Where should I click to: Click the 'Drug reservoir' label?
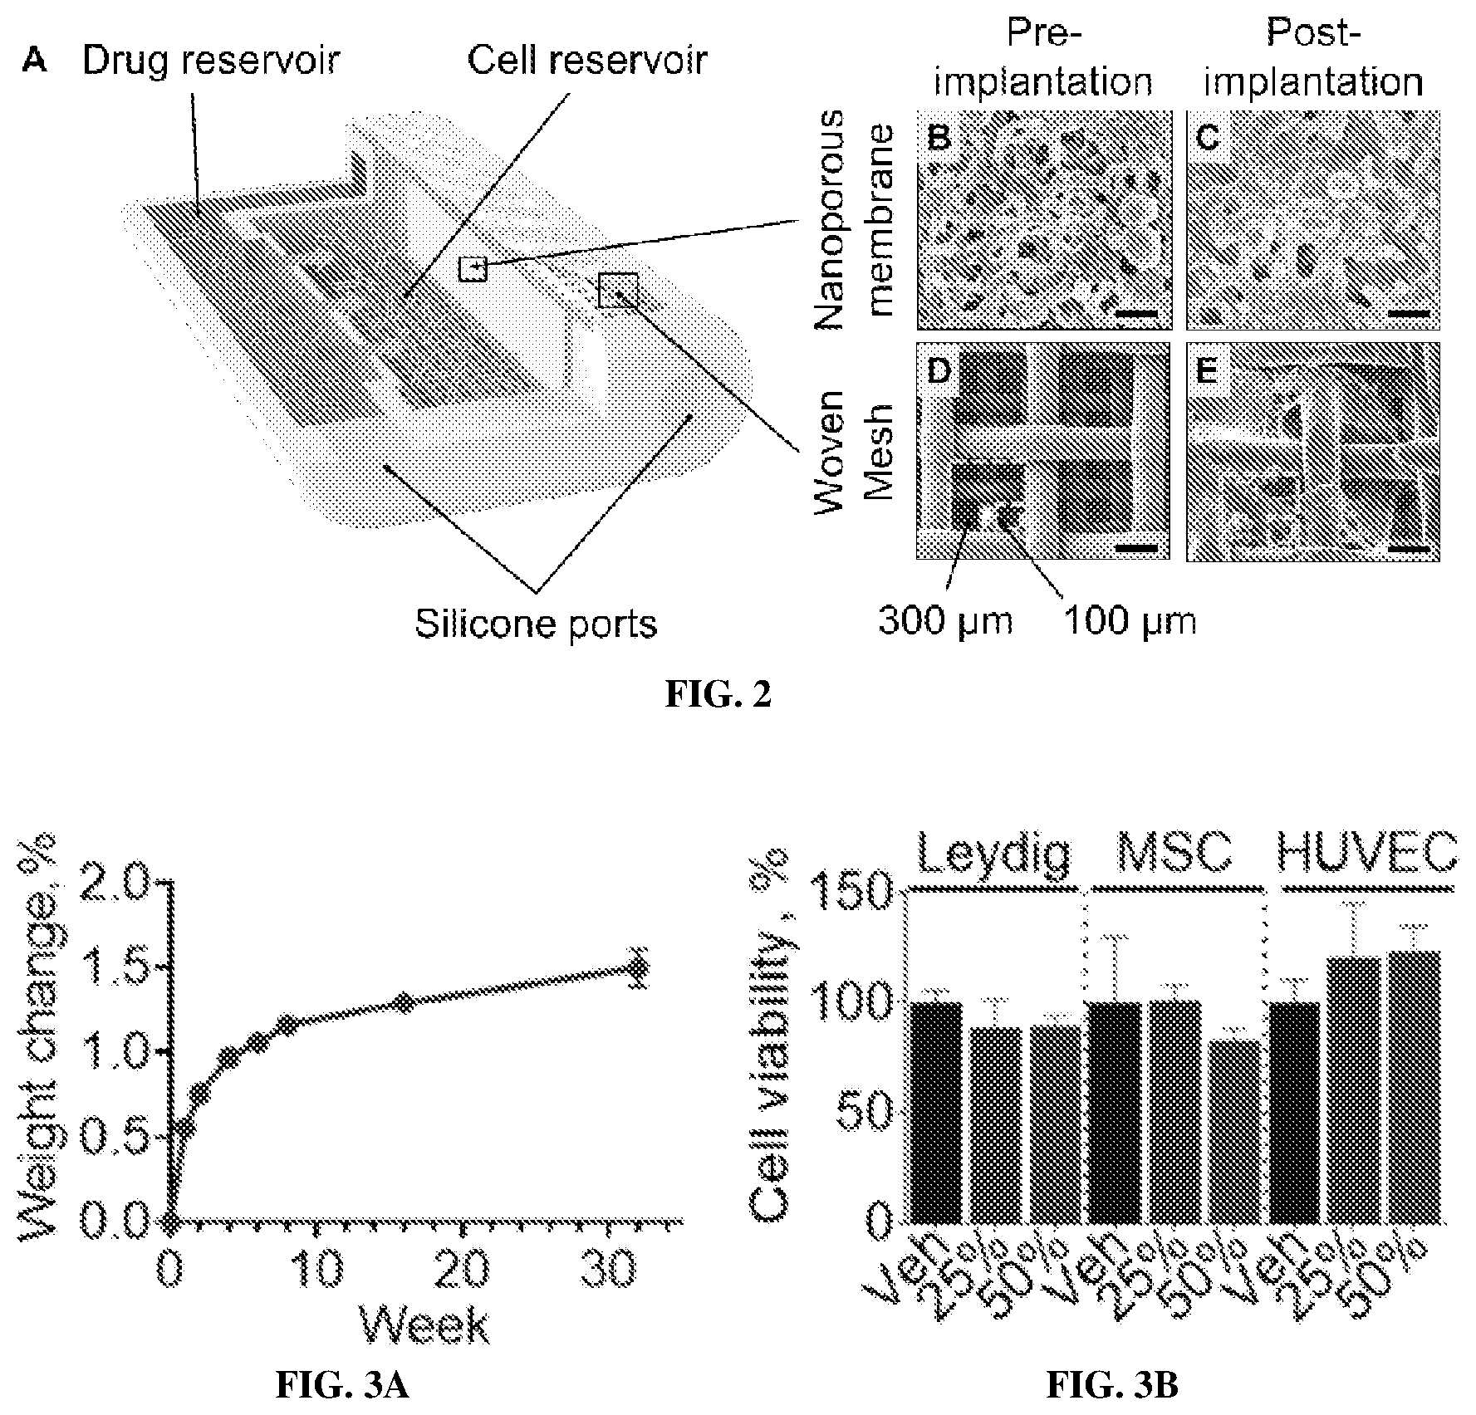click(211, 60)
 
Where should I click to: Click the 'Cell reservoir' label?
click(586, 60)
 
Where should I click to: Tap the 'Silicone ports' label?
click(536, 624)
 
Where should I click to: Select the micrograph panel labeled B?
click(1043, 220)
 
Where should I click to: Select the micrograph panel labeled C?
click(1312, 220)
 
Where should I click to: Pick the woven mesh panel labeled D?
click(1043, 452)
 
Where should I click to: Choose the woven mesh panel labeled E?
click(1312, 452)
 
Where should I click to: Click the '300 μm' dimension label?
click(945, 621)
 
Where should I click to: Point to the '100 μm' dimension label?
click(1130, 621)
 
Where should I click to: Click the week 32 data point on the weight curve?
click(638, 967)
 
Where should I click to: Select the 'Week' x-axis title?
click(424, 1324)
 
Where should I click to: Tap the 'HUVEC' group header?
click(1366, 851)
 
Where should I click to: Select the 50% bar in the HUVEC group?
click(1414, 1086)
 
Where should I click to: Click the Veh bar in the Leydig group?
click(937, 1113)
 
